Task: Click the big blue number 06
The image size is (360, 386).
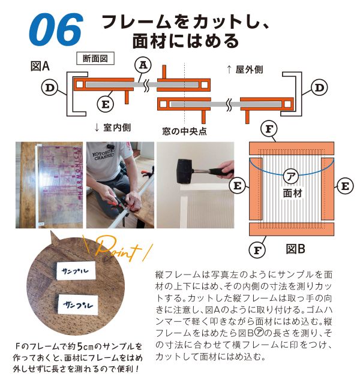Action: [55, 28]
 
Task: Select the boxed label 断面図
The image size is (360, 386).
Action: [95, 59]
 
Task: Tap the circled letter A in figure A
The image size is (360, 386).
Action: [143, 64]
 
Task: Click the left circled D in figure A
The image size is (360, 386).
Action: [50, 88]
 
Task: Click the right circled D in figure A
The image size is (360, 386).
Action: [320, 88]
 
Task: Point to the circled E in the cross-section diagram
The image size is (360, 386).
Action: [106, 104]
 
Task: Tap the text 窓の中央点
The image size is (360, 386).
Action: [185, 129]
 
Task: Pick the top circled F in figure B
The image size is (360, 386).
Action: [270, 129]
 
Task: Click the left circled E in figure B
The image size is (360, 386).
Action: [238, 186]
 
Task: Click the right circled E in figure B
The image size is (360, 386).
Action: [344, 186]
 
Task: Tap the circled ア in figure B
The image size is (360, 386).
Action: [290, 177]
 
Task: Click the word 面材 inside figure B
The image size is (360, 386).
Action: [293, 194]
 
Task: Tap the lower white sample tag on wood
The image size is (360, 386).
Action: [76, 303]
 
